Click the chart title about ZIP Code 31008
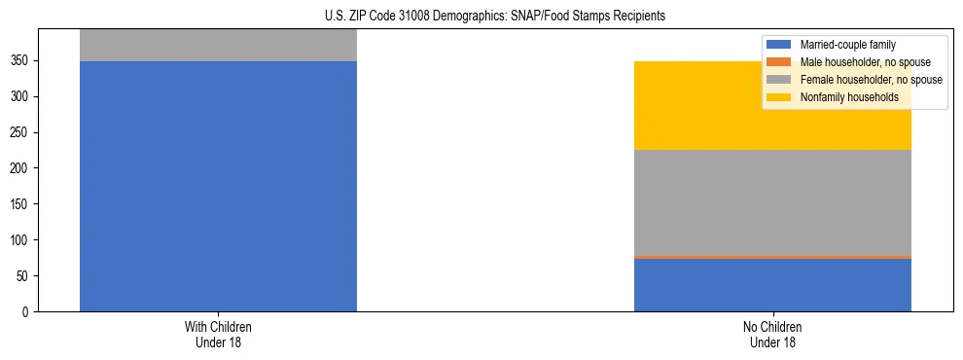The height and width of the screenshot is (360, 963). click(x=481, y=17)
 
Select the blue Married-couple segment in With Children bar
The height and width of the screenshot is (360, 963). click(x=218, y=186)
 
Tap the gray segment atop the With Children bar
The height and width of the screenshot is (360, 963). click(x=218, y=45)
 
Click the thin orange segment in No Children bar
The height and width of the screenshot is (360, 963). click(x=772, y=257)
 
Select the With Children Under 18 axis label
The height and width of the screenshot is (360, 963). click(x=218, y=334)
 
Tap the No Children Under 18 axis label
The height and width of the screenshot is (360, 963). click(x=772, y=334)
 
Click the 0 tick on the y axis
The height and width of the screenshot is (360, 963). click(x=28, y=312)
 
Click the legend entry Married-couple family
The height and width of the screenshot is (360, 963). click(x=847, y=45)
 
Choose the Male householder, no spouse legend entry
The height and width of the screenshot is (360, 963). click(x=858, y=62)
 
